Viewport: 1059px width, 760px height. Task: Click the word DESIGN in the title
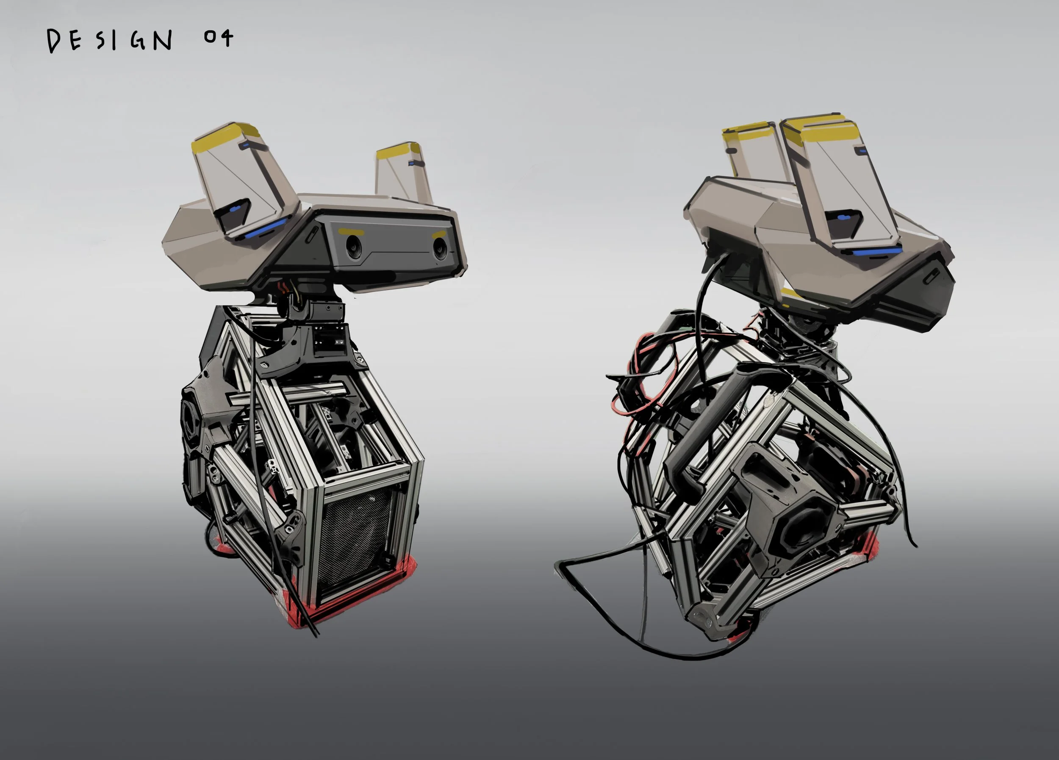coord(110,41)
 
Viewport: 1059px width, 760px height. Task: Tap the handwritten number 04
coord(218,38)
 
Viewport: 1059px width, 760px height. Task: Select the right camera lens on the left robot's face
coord(440,247)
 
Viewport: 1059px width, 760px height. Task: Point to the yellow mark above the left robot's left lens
coord(351,232)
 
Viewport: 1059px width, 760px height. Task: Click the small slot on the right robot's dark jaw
coord(932,275)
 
